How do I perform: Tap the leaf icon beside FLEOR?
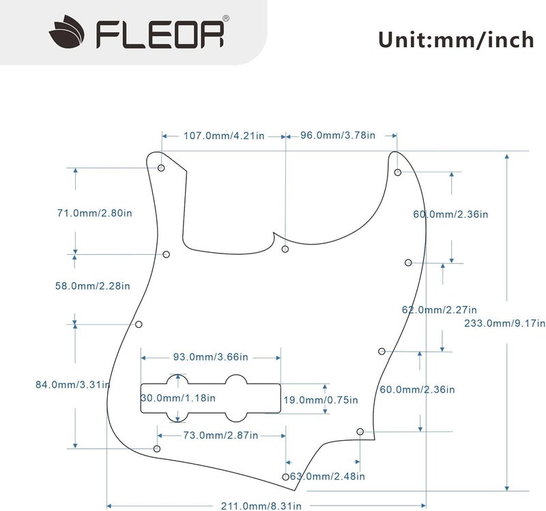point(68,32)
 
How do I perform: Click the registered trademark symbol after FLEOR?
point(226,18)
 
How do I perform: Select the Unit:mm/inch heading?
point(456,40)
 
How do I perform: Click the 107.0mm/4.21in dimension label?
point(223,136)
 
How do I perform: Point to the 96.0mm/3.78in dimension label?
point(338,136)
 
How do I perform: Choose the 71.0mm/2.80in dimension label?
point(94,213)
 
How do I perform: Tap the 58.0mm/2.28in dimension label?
point(92,286)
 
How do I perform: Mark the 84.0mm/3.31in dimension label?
point(72,384)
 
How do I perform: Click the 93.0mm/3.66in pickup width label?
point(210,357)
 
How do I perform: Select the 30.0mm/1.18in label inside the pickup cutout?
point(178,398)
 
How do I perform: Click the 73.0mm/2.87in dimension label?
point(220,435)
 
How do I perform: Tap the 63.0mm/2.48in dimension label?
point(328,476)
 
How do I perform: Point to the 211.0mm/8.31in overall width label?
point(250,505)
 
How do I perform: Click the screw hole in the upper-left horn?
point(162,168)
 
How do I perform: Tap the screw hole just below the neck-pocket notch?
point(285,249)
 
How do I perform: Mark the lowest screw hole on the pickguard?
point(285,477)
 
